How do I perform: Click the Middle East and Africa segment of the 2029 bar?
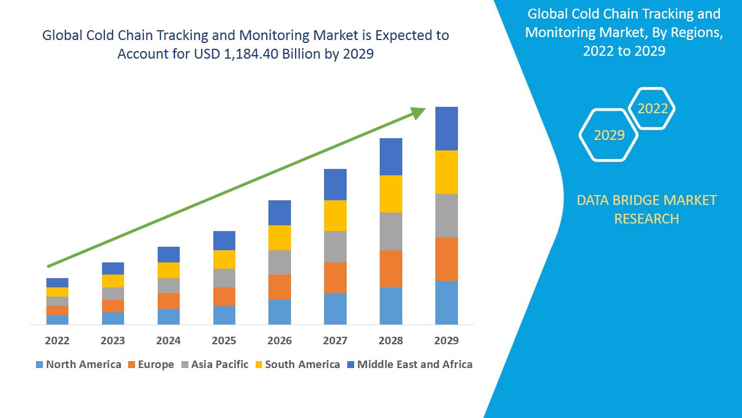(x=446, y=128)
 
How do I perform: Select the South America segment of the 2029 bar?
(x=446, y=172)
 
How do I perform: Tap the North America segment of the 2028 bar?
(x=391, y=305)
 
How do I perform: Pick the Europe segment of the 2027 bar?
(x=335, y=278)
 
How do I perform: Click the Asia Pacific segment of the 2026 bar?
(x=279, y=262)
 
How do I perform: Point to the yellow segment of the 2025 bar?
(x=224, y=260)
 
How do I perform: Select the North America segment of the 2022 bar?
(x=57, y=319)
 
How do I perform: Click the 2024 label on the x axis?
(x=168, y=340)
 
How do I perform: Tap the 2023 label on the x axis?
(x=112, y=340)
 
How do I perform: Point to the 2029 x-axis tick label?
(x=446, y=340)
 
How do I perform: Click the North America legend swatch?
(x=39, y=365)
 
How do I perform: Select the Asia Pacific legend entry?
(x=214, y=365)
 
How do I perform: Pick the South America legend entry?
(x=296, y=365)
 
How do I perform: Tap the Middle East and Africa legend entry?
(x=409, y=365)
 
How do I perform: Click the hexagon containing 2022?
(x=652, y=109)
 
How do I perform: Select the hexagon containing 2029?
(x=609, y=135)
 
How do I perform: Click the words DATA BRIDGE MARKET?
(x=646, y=200)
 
